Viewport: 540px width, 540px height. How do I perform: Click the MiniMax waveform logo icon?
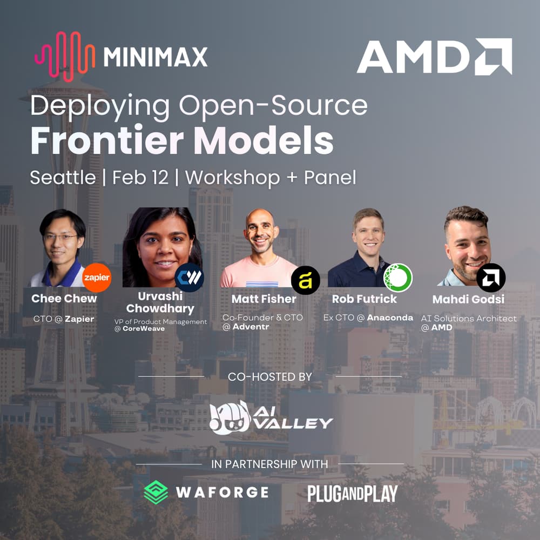64,57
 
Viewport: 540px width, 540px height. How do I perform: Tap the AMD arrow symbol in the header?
494,56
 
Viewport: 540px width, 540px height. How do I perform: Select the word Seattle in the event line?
63,178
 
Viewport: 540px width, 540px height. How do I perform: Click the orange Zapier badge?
97,278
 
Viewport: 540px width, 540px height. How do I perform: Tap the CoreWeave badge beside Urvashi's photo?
189,278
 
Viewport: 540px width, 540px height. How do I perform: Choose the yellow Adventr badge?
305,280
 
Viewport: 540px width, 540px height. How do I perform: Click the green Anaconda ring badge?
398,278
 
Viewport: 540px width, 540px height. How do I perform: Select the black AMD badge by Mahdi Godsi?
491,278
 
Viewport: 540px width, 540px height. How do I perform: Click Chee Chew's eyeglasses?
61,237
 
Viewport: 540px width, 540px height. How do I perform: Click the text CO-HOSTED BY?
270,376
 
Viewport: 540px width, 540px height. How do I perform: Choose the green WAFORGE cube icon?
156,492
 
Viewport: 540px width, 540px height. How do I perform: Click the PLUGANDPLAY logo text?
352,493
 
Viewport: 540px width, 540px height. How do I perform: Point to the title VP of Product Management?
160,322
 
